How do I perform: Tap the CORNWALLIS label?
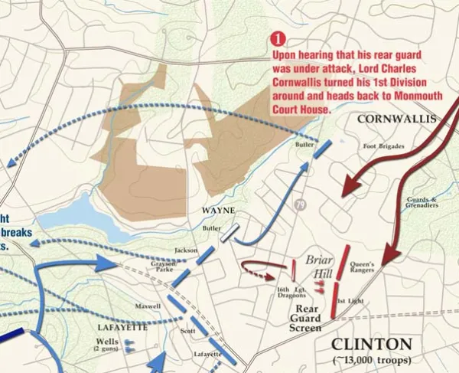[396, 119]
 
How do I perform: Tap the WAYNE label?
[218, 211]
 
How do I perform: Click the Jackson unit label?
[186, 250]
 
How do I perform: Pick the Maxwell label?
[148, 306]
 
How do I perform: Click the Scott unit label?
[187, 331]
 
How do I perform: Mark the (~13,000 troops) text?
[372, 360]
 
